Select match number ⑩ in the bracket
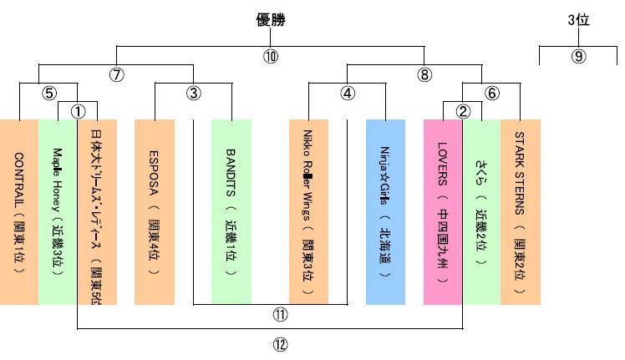pos(270,57)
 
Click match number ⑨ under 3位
pos(578,57)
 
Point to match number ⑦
pos(116,74)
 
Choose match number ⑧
pos(424,74)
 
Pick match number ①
pos(78,110)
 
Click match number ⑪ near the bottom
pos(270,315)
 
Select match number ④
pos(348,93)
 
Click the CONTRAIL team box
pos(19,212)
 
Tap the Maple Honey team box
pos(58,212)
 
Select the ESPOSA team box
pos(154,212)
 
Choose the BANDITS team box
pos(231,212)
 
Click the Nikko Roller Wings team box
pos(308,212)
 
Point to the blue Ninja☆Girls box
pos(385,212)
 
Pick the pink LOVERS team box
pos(444,212)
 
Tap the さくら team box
pos(482,212)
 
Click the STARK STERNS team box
pos(521,212)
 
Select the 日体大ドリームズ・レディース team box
pos(96,212)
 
